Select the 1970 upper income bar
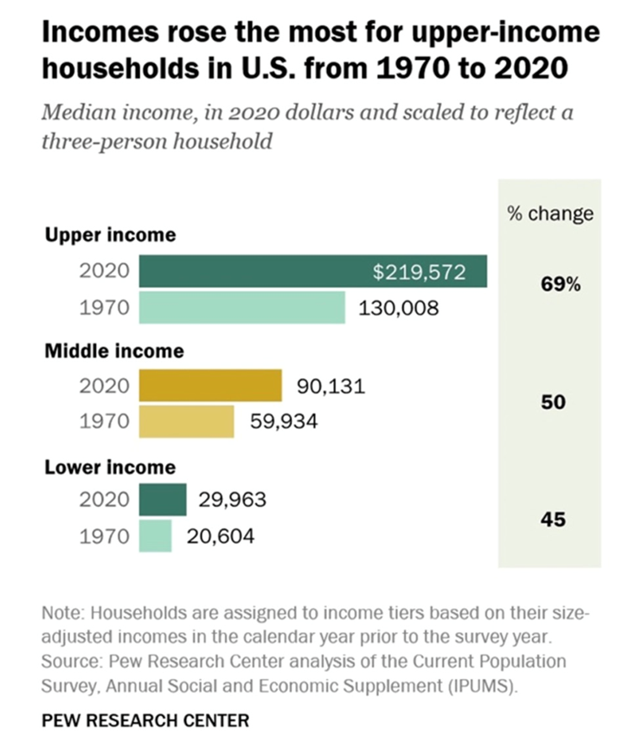[241, 307]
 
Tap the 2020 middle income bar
[210, 386]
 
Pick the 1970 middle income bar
[186, 421]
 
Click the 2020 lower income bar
[162, 500]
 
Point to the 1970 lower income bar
[155, 536]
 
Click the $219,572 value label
[420, 272]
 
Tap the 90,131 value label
[330, 386]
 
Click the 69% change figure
[561, 285]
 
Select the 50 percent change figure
[553, 402]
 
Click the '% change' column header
[550, 214]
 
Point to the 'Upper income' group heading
[110, 234]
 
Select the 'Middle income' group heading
[114, 350]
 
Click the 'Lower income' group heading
[110, 467]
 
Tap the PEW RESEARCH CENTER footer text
[144, 720]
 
